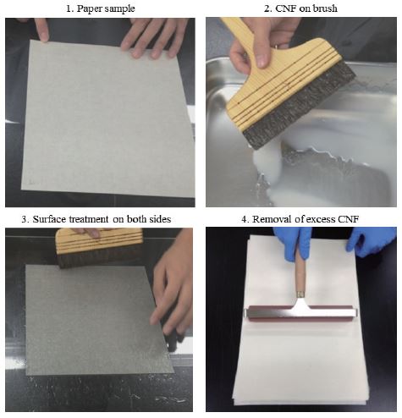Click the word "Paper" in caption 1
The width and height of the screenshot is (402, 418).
(x=90, y=8)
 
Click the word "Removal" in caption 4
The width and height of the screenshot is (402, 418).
(x=272, y=219)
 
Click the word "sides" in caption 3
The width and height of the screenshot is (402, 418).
(x=160, y=219)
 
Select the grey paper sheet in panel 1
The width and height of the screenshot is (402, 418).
(x=107, y=118)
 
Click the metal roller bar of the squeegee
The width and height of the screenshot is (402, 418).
(x=301, y=312)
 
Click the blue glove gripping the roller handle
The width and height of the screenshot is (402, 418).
(x=294, y=243)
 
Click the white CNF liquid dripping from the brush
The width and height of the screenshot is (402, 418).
(x=268, y=163)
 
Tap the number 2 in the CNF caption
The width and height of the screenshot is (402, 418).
(x=267, y=8)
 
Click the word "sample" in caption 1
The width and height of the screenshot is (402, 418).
(x=120, y=9)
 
